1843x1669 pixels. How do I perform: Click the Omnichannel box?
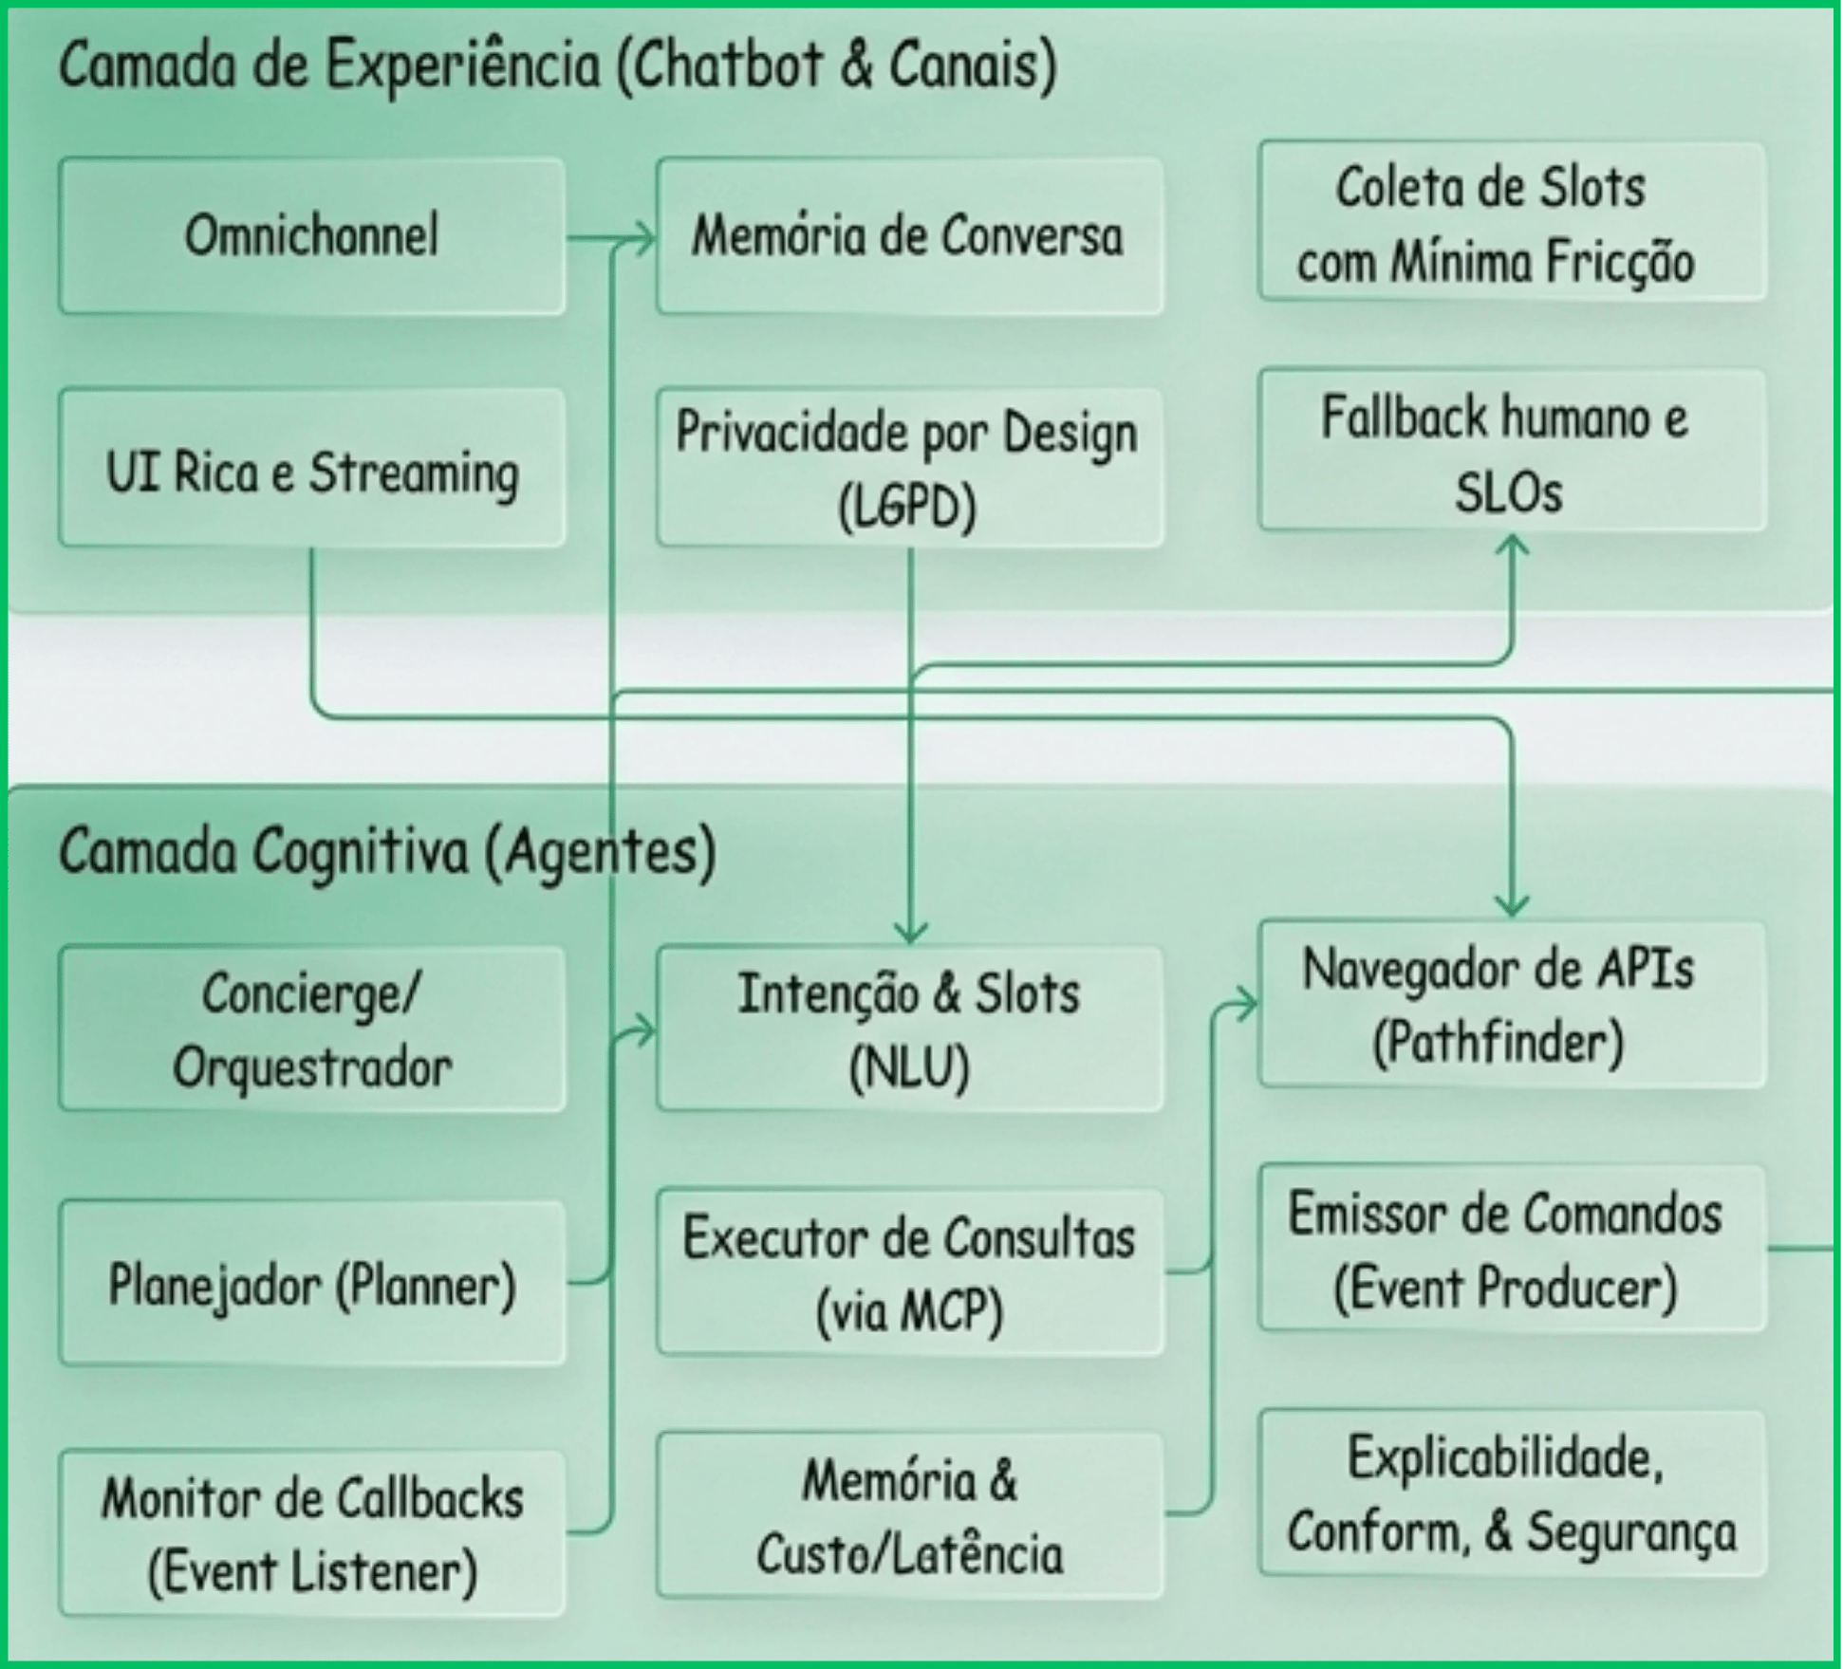pos(311,235)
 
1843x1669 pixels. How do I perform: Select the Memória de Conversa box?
pos(908,235)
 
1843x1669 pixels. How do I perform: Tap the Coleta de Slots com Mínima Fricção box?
pos(1511,222)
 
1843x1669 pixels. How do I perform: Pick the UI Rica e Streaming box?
pos(311,468)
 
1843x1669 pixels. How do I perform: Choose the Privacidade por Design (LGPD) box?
pos(908,468)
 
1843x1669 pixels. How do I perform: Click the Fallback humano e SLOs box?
pos(1511,451)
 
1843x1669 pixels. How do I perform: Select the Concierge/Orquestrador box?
pos(311,1029)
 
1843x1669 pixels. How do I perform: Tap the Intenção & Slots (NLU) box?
pos(908,1029)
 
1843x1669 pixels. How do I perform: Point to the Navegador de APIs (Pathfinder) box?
pos(1511,1004)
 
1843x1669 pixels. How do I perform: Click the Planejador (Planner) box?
pos(311,1283)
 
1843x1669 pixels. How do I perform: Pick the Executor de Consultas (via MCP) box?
pos(908,1271)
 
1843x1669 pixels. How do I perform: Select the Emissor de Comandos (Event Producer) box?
pos(1511,1249)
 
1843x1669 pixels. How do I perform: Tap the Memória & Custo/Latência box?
pos(908,1515)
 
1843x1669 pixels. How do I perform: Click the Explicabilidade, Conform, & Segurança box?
pos(1511,1493)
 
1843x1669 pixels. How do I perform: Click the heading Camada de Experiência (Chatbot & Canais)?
pos(557,66)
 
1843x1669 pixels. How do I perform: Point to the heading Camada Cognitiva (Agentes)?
pos(386,851)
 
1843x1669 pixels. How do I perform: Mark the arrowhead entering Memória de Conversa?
pos(646,237)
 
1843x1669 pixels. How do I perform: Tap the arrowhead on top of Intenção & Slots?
pos(910,935)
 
